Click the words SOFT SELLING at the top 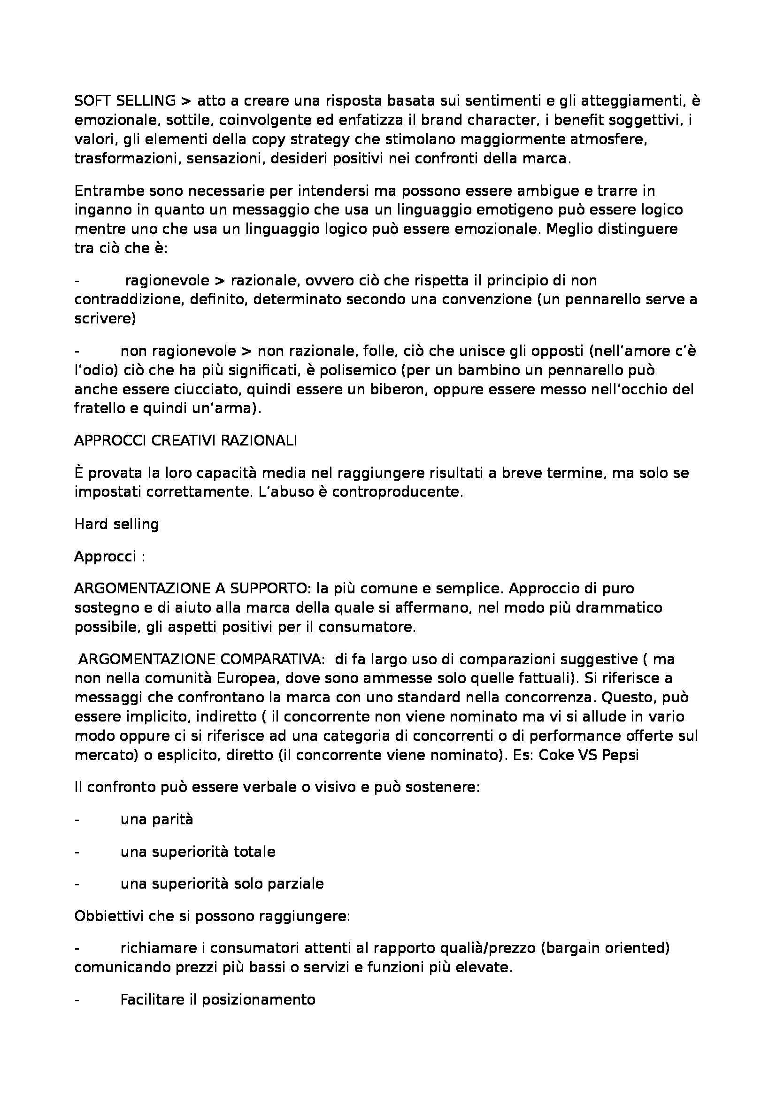pyautogui.click(x=125, y=101)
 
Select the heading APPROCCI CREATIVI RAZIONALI pyautogui.click(x=185, y=440)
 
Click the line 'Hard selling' pyautogui.click(x=117, y=524)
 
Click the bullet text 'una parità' pyautogui.click(x=157, y=820)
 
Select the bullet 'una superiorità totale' pyautogui.click(x=198, y=852)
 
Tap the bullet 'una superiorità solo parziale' pyautogui.click(x=222, y=884)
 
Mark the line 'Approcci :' pyautogui.click(x=109, y=557)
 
